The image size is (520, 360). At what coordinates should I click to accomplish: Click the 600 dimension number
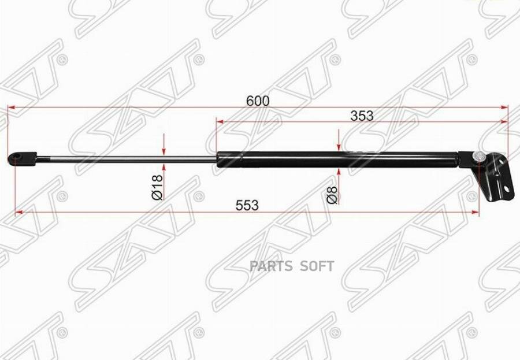click(258, 101)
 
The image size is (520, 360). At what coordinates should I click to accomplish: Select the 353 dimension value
click(362, 116)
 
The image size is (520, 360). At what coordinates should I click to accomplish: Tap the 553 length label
click(247, 205)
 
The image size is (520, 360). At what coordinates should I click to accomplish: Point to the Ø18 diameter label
click(158, 187)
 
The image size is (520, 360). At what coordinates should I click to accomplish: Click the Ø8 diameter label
click(332, 195)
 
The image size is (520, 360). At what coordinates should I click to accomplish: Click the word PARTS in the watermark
click(271, 266)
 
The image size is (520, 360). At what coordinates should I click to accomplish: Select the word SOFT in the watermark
click(317, 266)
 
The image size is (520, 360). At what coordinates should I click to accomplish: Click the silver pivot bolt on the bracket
click(478, 156)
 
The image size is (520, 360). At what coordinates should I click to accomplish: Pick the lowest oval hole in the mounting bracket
click(506, 188)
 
